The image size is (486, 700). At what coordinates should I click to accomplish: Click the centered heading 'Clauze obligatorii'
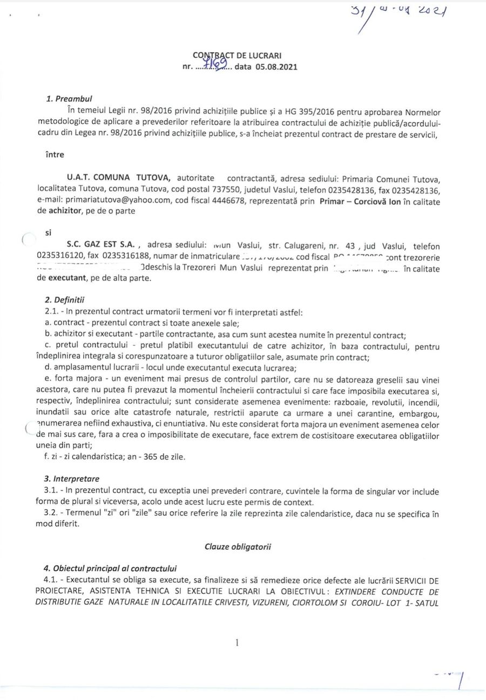point(238,546)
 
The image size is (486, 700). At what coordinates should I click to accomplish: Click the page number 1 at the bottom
point(237,643)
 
